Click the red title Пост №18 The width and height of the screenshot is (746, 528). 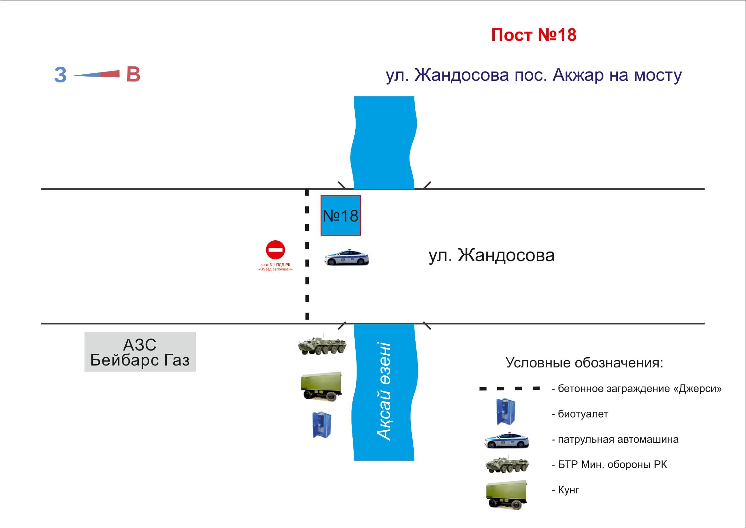pyautogui.click(x=534, y=35)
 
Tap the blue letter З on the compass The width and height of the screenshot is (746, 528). pyautogui.click(x=60, y=75)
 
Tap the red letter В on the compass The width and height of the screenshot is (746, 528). pyautogui.click(x=133, y=74)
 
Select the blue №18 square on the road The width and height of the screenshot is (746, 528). pyautogui.click(x=341, y=215)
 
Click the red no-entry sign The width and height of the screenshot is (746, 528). pyautogui.click(x=275, y=250)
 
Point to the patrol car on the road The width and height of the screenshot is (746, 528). pyautogui.click(x=347, y=257)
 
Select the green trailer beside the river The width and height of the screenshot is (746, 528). pyautogui.click(x=321, y=387)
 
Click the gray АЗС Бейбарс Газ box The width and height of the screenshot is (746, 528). pyautogui.click(x=140, y=352)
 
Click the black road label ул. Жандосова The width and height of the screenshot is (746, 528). pyautogui.click(x=491, y=256)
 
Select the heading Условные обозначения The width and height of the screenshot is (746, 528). pyautogui.click(x=584, y=363)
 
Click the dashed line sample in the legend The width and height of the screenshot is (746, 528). pyautogui.click(x=509, y=388)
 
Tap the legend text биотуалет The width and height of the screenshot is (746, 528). pyautogui.click(x=583, y=414)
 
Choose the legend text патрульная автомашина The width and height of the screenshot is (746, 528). pyautogui.click(x=618, y=440)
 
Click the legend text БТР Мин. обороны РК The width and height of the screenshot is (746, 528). pyautogui.click(x=612, y=465)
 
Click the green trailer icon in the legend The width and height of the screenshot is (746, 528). pyautogui.click(x=506, y=494)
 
